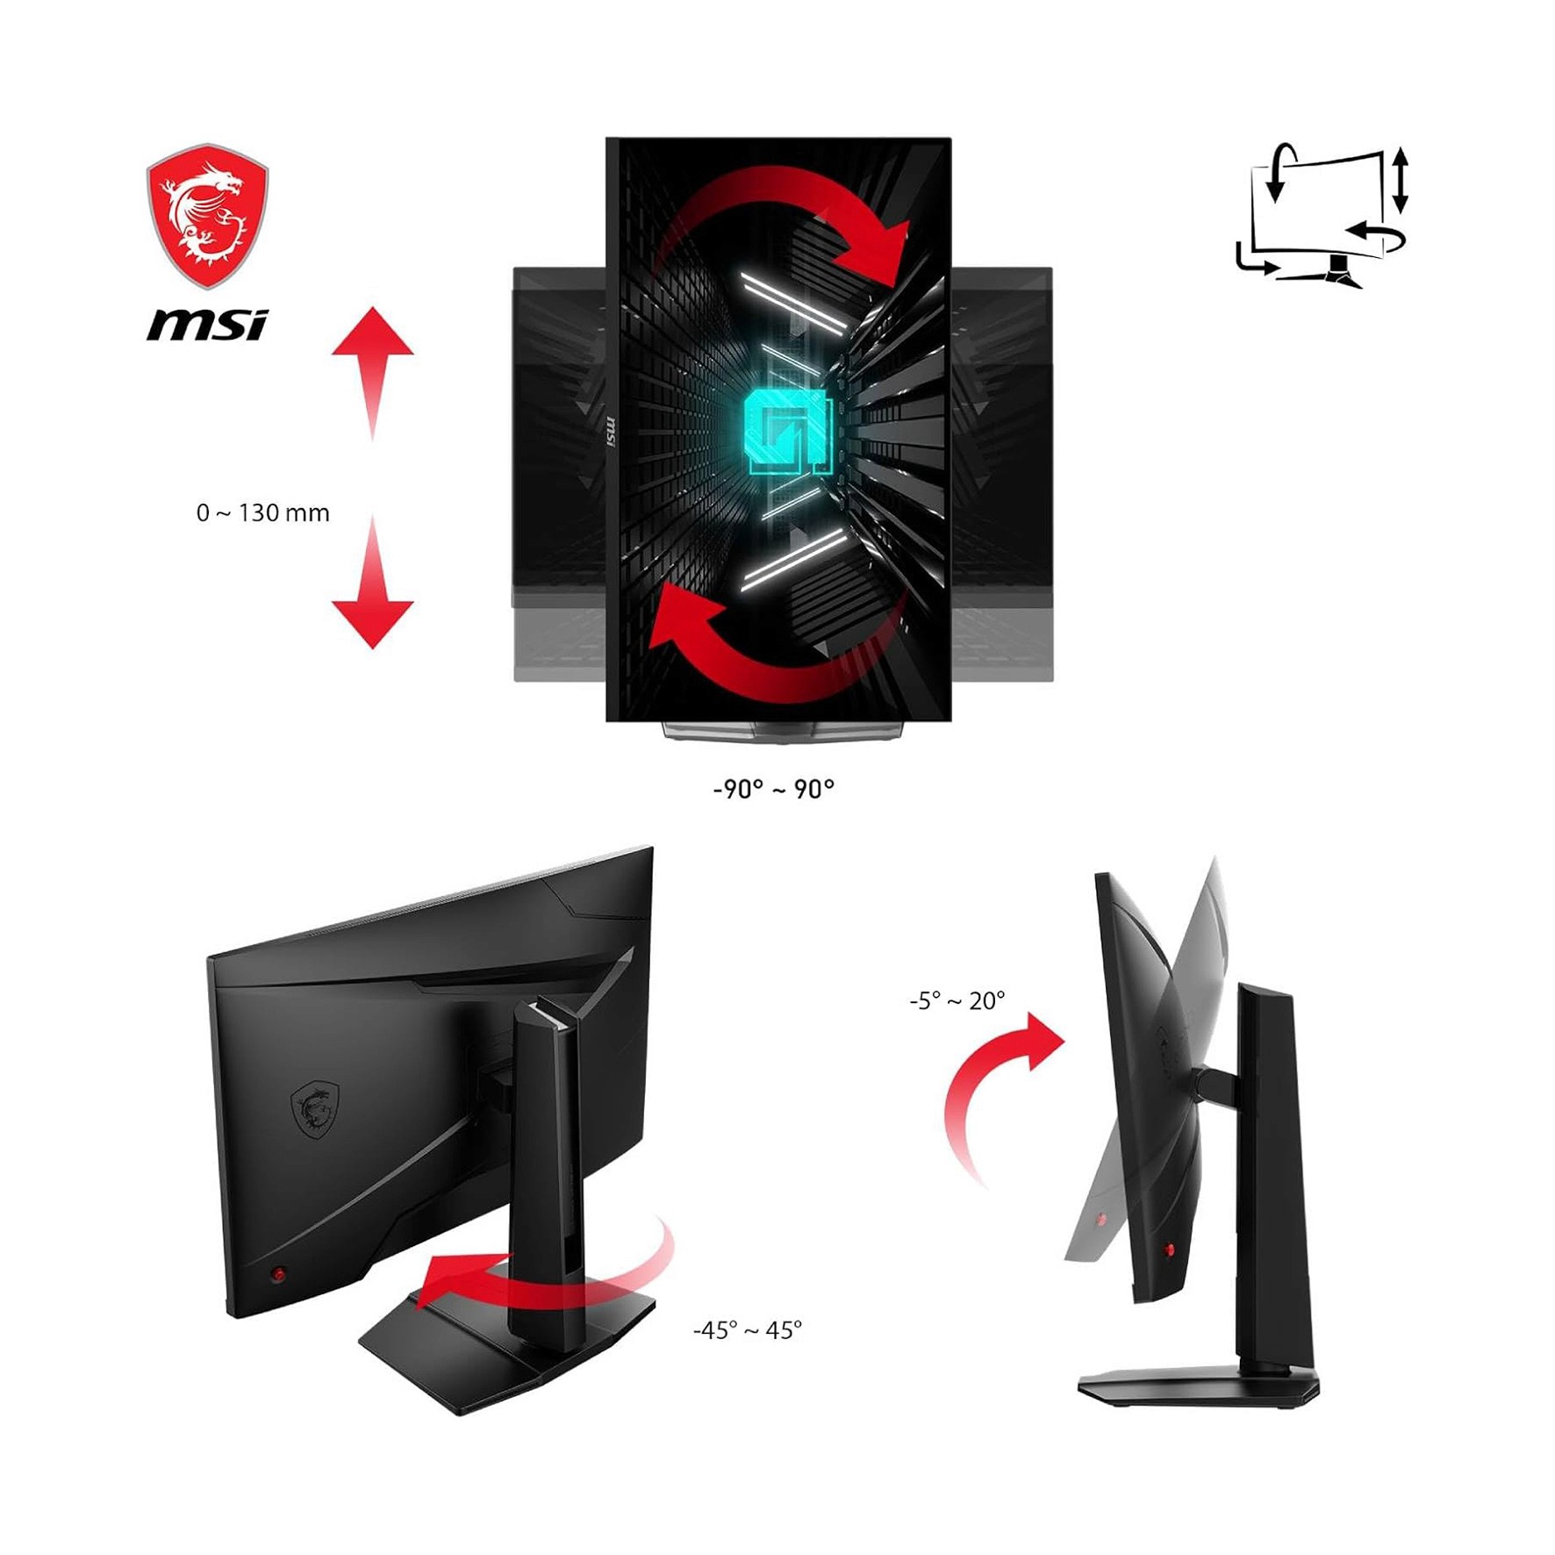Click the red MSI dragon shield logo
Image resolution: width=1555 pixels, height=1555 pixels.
pyautogui.click(x=207, y=216)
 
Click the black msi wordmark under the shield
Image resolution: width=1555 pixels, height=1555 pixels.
pyautogui.click(x=207, y=325)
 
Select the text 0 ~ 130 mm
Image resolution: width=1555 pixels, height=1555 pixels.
pyautogui.click(x=262, y=513)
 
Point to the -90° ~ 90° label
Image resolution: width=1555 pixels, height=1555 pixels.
pyautogui.click(x=773, y=789)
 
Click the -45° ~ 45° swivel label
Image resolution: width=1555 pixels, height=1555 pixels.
pyautogui.click(x=747, y=1330)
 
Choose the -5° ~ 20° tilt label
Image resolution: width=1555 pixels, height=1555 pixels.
pyautogui.click(x=957, y=1000)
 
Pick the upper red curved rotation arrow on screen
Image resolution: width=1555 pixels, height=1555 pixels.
pyautogui.click(x=790, y=219)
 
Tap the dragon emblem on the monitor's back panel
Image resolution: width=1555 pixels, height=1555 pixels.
pyautogui.click(x=315, y=1109)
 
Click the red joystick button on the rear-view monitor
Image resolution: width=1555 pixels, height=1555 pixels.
pyautogui.click(x=278, y=1273)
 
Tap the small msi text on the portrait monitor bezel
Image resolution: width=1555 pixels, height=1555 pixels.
pyautogui.click(x=612, y=430)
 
